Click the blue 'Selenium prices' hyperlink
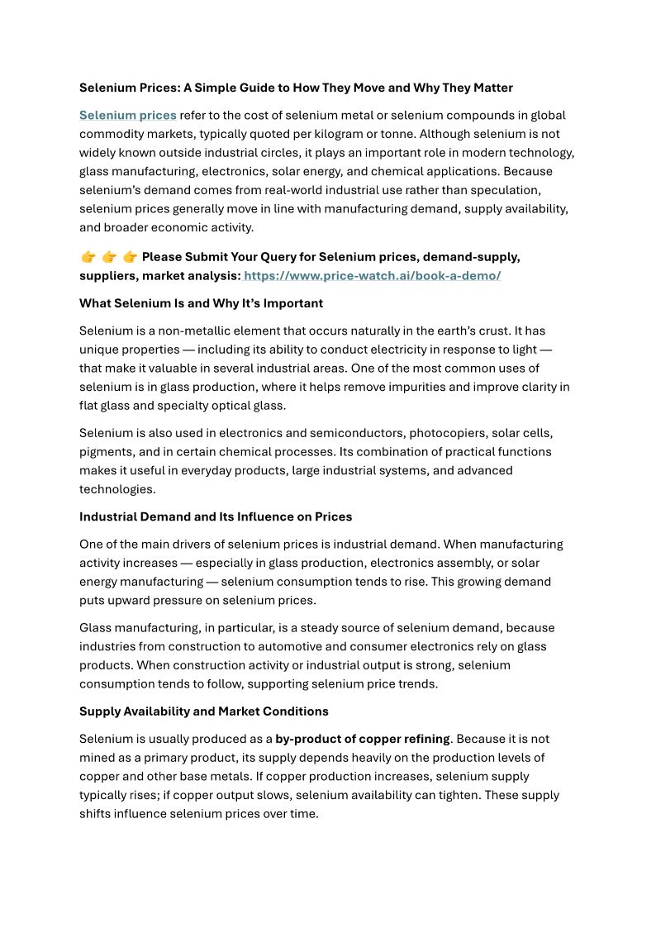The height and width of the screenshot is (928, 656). click(x=127, y=116)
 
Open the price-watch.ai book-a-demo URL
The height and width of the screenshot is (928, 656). click(x=372, y=276)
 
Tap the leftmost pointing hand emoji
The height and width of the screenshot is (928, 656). click(x=88, y=257)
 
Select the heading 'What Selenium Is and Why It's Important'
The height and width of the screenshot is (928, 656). click(x=201, y=303)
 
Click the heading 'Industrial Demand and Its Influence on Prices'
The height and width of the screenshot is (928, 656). click(x=216, y=517)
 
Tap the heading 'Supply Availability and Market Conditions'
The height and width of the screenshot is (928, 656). click(x=204, y=711)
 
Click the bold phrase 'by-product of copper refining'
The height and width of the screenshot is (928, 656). click(x=363, y=739)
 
